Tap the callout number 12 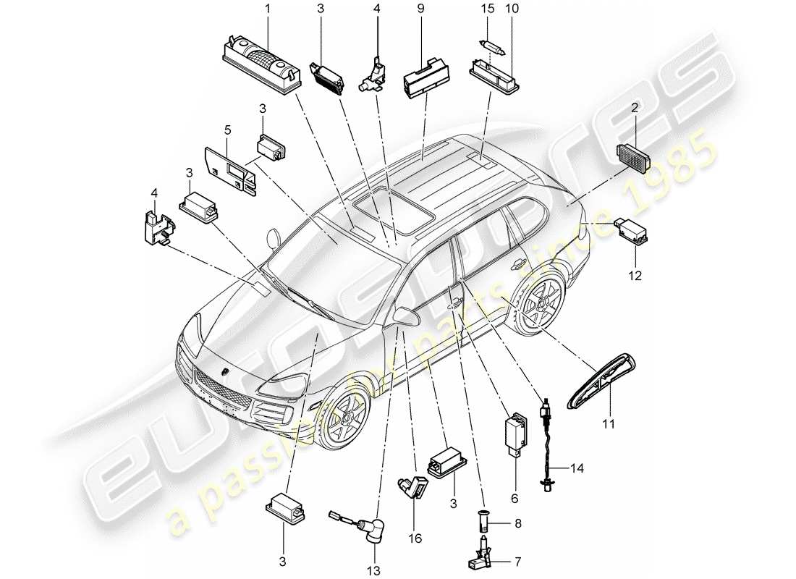[637, 275]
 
